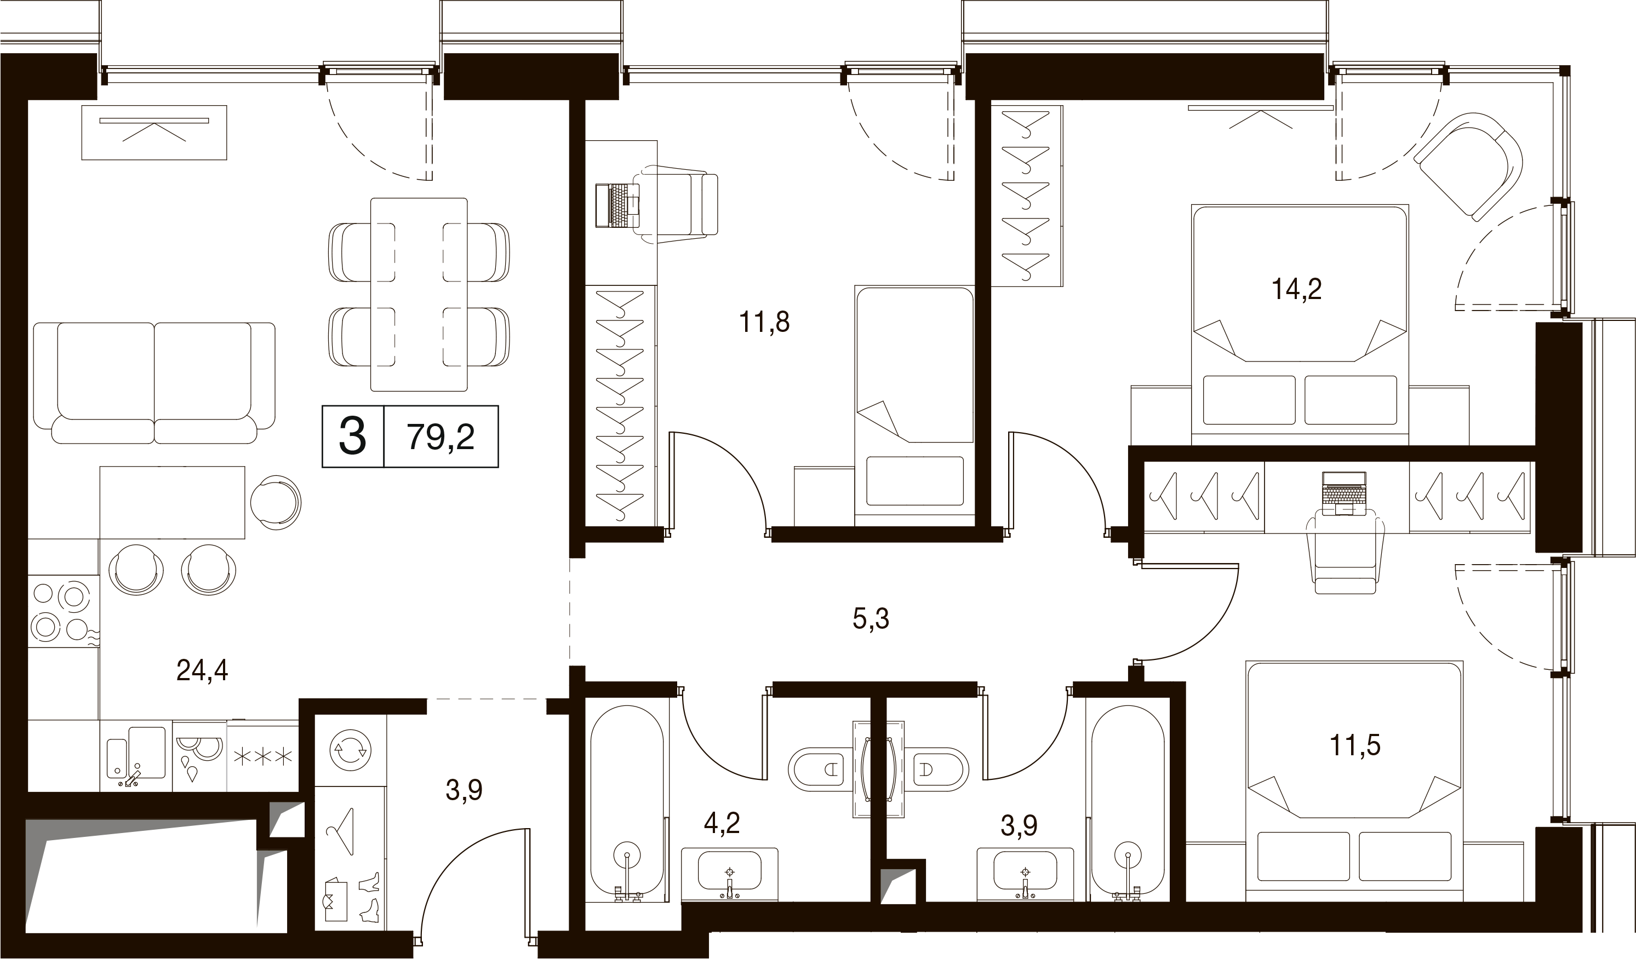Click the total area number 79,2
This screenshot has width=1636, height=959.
coord(441,437)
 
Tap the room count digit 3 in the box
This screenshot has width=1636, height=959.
coord(352,437)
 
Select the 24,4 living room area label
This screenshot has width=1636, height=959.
coord(202,670)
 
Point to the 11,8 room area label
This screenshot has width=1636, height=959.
coord(764,322)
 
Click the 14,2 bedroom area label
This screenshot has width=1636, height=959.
coord(1296,289)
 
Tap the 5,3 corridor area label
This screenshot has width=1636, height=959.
coord(871,619)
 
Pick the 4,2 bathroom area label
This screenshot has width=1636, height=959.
coord(722,824)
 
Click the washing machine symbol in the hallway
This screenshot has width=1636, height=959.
coord(351,751)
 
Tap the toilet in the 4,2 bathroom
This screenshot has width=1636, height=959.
coord(819,770)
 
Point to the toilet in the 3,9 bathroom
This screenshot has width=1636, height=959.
coord(937,770)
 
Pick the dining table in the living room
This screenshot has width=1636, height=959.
coord(419,295)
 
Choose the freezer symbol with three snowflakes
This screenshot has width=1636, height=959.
coord(262,755)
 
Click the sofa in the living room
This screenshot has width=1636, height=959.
coord(154,383)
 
